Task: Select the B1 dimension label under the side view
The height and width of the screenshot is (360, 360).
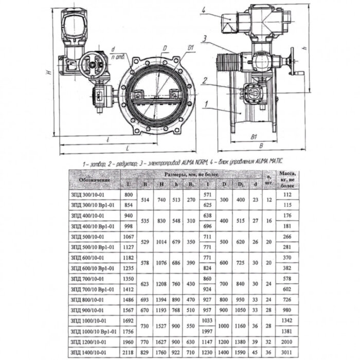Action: (253, 138)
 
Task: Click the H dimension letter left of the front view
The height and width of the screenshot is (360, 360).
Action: (47, 72)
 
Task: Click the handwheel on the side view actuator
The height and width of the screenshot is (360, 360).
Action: (295, 67)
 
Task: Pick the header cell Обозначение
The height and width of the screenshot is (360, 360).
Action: (95, 179)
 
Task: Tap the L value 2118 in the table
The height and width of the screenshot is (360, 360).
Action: (128, 352)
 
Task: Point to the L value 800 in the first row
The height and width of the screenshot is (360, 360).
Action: (128, 194)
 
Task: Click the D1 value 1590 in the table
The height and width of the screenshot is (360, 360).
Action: (240, 352)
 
